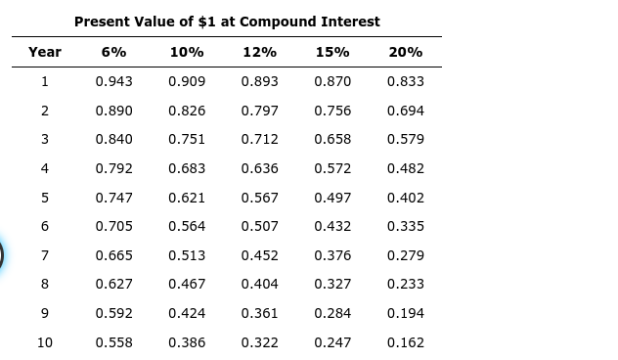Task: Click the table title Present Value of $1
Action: [227, 22]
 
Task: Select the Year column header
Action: [45, 52]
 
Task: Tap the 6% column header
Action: [113, 52]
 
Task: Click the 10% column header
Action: [187, 52]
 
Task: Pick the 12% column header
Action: [259, 52]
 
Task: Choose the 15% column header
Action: [332, 52]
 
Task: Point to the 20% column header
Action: [406, 52]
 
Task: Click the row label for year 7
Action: [45, 255]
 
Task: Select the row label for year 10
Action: [45, 343]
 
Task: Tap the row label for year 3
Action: [45, 139]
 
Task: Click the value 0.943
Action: [114, 81]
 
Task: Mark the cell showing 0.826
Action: [187, 111]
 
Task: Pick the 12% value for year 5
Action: [259, 198]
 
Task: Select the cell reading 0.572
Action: [332, 168]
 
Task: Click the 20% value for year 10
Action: [406, 343]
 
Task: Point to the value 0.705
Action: [114, 227]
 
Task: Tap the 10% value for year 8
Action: [187, 284]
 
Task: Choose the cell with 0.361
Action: [259, 314]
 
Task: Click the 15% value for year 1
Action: [332, 81]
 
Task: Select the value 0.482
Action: [406, 168]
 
